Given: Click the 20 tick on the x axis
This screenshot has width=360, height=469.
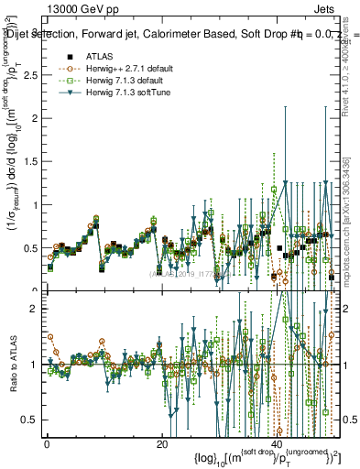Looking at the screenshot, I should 161,442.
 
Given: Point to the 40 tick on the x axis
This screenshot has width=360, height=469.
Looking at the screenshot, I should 276,442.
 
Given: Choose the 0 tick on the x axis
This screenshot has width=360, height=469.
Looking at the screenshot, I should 47,442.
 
